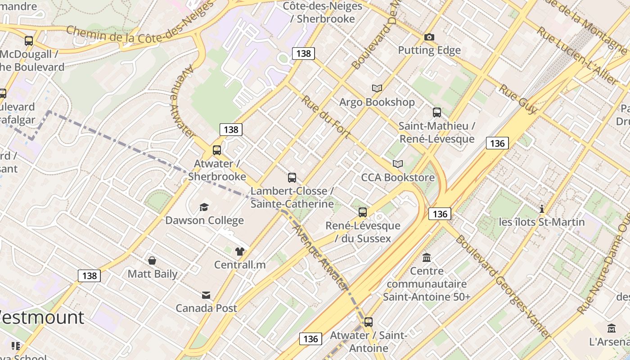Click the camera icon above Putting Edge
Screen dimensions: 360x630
coord(429,37)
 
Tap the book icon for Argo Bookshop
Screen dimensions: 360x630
coord(377,88)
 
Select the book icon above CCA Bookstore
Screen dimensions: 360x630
coord(398,164)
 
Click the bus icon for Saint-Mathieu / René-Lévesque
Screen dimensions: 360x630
coord(436,112)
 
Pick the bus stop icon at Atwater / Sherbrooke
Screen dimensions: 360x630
coord(217,150)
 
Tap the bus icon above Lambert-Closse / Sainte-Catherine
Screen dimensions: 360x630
coord(292,178)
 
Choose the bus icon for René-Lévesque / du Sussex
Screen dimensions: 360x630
coord(363,212)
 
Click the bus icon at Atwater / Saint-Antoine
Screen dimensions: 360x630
coord(369,322)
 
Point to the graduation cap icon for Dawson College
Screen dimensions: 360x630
coord(204,207)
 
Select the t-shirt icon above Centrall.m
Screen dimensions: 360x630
coord(240,252)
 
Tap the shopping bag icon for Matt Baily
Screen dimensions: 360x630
coord(153,261)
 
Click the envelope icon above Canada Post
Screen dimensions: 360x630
coord(206,295)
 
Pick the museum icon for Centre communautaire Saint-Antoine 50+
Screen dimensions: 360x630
coord(427,258)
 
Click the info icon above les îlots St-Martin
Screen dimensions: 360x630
coord(542,209)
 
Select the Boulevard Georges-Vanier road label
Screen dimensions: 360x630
coord(503,286)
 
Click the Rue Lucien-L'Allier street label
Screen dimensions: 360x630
coord(577,56)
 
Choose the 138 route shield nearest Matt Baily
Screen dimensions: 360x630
coord(90,275)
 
